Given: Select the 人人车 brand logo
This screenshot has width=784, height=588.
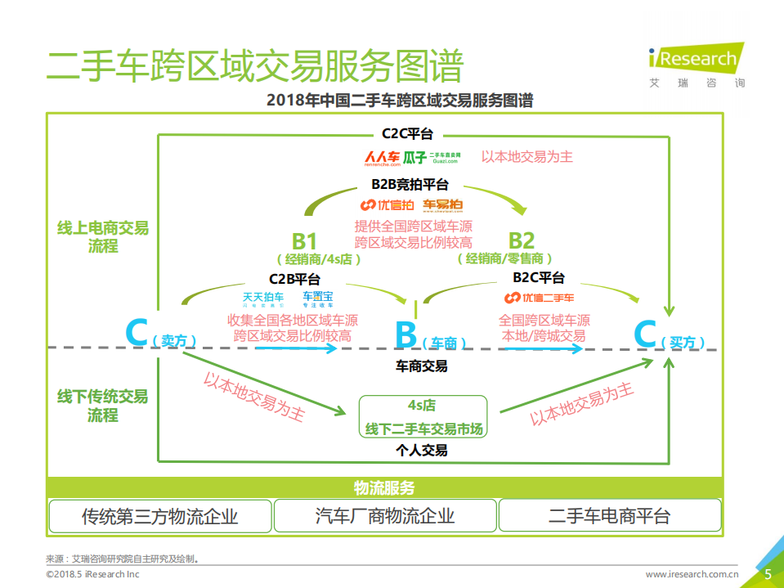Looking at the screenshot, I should click(382, 157).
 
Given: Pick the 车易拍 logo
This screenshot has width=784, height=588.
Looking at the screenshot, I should click(443, 204).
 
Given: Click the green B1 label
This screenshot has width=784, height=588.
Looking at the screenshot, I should click(304, 240).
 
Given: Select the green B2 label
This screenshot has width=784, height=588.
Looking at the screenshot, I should click(522, 240).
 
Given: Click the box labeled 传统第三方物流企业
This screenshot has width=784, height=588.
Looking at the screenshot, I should click(159, 516).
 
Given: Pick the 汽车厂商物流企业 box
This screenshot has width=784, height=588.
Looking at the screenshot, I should click(384, 516).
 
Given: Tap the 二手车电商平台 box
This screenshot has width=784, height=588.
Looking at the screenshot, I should click(609, 516).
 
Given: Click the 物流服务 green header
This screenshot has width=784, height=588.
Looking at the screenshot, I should click(384, 488).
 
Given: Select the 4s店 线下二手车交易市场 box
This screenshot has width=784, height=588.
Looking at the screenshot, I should click(423, 417).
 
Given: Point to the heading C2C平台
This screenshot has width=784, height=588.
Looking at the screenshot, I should click(407, 133).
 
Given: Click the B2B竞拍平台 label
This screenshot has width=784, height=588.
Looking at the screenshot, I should click(410, 186).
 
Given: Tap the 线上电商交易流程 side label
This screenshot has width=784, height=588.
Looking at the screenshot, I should click(103, 236).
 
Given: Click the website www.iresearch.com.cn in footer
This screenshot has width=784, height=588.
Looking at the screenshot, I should click(692, 575).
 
